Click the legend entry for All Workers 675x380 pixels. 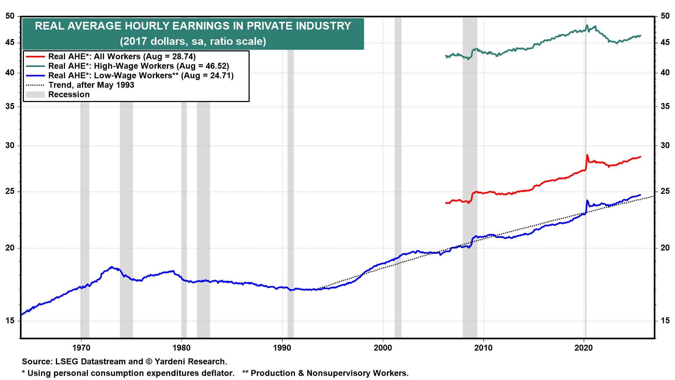[122, 57]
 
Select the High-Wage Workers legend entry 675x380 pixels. [139, 66]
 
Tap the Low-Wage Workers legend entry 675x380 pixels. [141, 76]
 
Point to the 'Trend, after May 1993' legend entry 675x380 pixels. [91, 85]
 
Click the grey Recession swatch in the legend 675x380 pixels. [36, 95]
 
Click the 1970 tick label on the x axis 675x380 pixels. [81, 348]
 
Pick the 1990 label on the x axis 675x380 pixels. [282, 348]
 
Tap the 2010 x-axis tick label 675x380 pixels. [483, 348]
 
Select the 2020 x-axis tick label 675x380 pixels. [584, 348]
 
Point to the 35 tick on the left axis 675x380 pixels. [10, 106]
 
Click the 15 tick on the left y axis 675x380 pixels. [10, 321]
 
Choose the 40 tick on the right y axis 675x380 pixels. [665, 73]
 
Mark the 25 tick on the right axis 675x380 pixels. [665, 191]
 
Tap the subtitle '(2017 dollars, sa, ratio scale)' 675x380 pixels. [193, 42]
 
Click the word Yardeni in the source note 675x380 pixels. [169, 362]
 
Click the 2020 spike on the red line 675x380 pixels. [587, 155]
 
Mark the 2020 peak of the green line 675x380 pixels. [587, 25]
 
